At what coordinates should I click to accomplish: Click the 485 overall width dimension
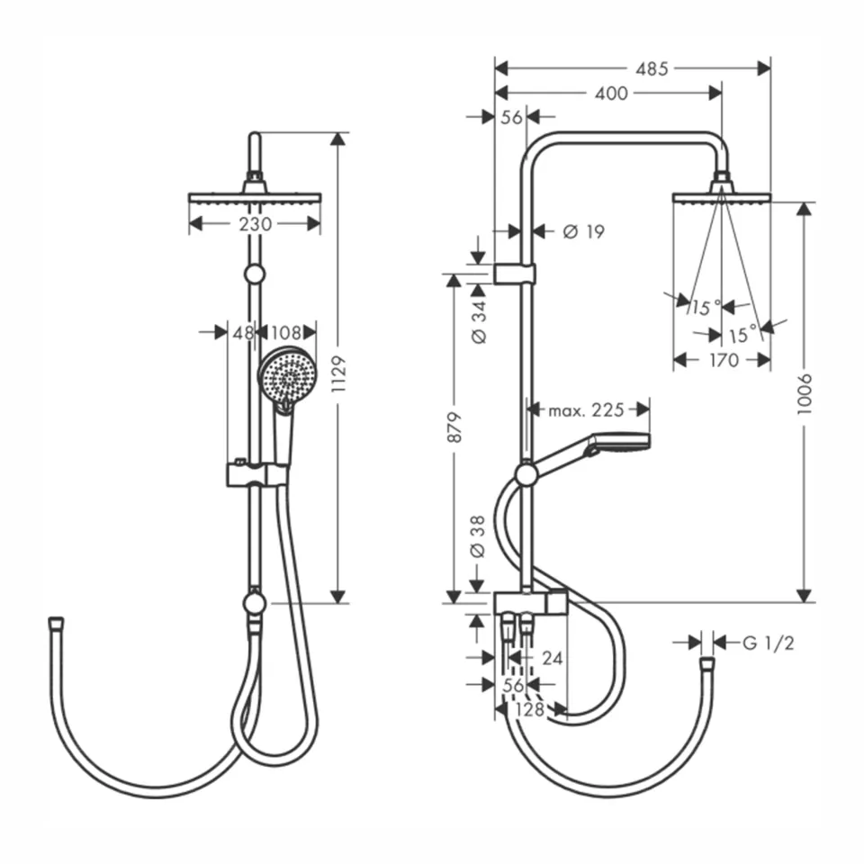pos(652,68)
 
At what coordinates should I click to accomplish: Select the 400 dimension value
pos(611,93)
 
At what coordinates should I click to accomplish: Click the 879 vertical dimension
pos(454,427)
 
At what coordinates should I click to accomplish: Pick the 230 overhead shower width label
pos(256,223)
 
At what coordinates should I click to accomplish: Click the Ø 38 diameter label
pos(479,538)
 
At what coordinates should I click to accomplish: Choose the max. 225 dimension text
pos(587,410)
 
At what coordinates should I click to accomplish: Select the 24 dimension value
pos(552,659)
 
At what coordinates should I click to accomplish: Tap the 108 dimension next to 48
pos(286,333)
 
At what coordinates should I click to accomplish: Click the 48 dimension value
pos(243,333)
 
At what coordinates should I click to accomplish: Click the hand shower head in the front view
pos(285,375)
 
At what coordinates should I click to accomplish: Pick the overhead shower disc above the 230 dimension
pos(255,197)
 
